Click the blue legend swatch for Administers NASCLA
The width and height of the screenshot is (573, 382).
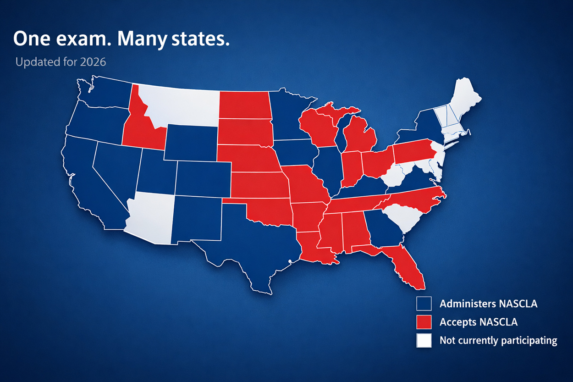[x=424, y=304]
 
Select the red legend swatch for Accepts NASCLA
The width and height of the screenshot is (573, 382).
[x=424, y=322]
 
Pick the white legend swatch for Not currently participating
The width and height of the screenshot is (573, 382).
[x=424, y=341]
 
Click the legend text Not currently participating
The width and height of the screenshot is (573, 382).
[x=498, y=341]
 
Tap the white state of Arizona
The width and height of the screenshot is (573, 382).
[x=151, y=218]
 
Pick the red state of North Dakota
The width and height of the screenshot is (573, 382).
[x=243, y=105]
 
